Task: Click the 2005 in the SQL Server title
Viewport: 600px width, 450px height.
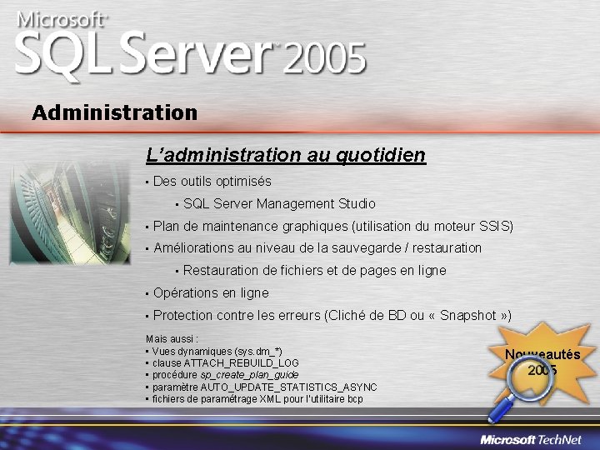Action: [x=325, y=60]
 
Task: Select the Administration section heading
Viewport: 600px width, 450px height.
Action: [x=114, y=112]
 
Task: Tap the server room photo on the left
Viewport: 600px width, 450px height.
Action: [x=68, y=208]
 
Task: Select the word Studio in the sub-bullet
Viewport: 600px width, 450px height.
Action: [x=356, y=203]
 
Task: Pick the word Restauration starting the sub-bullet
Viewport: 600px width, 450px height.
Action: [x=221, y=270]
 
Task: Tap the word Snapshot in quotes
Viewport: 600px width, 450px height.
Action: [x=468, y=315]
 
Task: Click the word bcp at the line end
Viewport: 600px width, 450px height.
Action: [x=355, y=398]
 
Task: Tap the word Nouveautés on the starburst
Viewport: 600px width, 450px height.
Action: [x=542, y=355]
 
